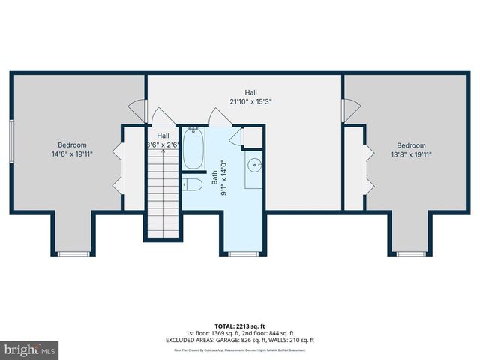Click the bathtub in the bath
[x=194, y=150]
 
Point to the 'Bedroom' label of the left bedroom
[x=73, y=145]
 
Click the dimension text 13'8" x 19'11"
[x=411, y=155]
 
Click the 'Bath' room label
[x=214, y=178]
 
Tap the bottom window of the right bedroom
[x=410, y=254]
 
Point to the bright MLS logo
[x=30, y=350]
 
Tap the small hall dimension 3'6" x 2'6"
[x=162, y=145]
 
